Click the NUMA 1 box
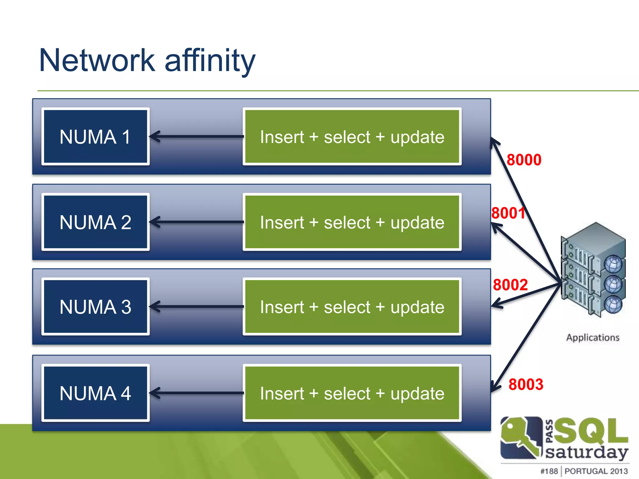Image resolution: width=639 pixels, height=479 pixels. tap(95, 137)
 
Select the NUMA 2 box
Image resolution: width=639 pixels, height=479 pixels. tap(95, 222)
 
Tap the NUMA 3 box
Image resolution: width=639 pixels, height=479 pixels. tap(95, 307)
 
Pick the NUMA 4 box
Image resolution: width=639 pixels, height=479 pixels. tap(95, 393)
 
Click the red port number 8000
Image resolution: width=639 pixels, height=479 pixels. tap(524, 160)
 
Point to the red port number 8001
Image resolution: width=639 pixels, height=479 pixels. tap(508, 213)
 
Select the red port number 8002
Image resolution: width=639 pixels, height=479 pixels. tap(510, 285)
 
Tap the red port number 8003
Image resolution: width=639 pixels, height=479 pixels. tap(526, 384)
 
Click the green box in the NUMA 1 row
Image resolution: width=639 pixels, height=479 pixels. tap(352, 137)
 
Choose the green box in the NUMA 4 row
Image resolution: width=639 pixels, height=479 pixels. tap(352, 393)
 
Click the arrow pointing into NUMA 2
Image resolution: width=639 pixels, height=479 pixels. tap(197, 222)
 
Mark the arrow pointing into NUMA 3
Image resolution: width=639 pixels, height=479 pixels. tap(197, 307)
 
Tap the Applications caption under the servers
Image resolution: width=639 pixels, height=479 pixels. tap(593, 338)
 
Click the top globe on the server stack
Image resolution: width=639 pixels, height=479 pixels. tap(613, 264)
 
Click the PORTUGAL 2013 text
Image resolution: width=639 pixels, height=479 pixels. tap(596, 471)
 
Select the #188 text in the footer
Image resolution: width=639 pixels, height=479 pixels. tap(549, 471)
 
